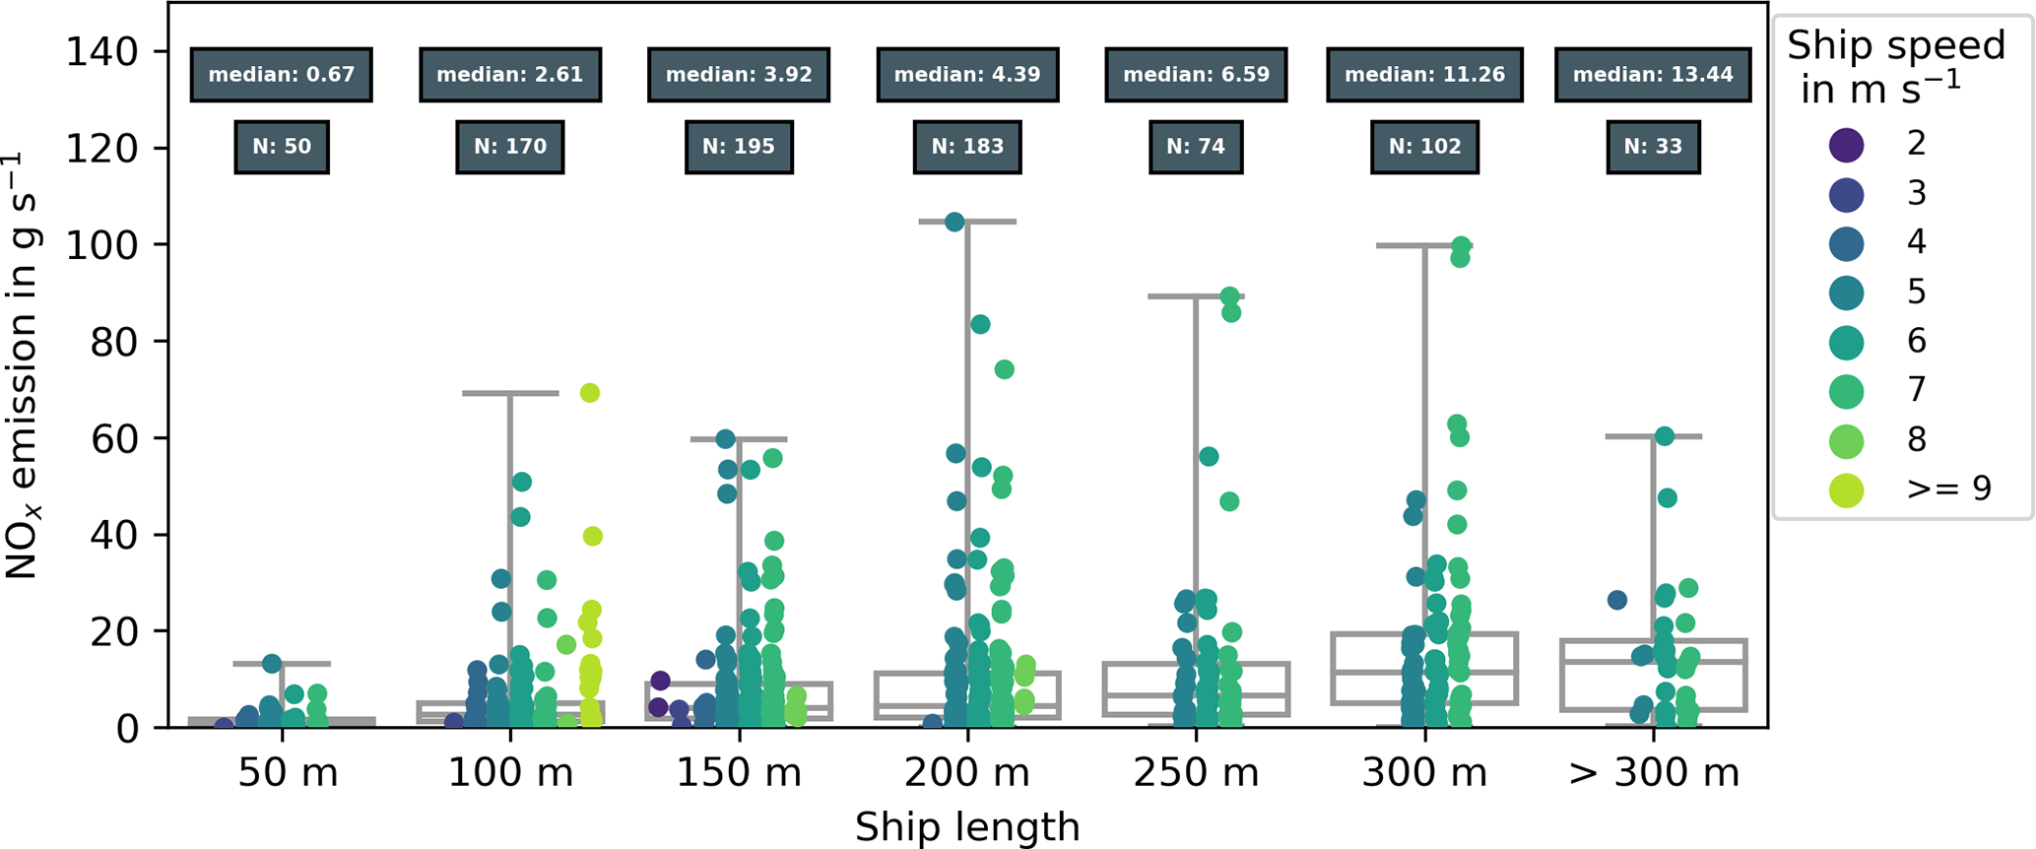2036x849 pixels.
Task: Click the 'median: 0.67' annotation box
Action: tap(281, 75)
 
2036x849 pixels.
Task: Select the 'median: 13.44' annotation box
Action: tap(1652, 75)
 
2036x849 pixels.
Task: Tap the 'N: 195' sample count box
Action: tap(738, 147)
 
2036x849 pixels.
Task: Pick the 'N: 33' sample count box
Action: tap(1652, 147)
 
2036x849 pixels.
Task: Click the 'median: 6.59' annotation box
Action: tap(1195, 75)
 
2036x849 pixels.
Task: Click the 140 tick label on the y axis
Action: tap(101, 51)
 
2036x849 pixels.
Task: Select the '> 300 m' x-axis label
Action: tap(1653, 773)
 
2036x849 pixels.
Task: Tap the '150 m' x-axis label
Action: tap(738, 773)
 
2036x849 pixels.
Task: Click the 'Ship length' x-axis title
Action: tap(966, 827)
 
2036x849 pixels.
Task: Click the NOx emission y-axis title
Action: tap(22, 364)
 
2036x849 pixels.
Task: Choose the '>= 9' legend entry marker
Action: tap(1846, 489)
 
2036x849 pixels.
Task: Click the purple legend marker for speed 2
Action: tap(1846, 144)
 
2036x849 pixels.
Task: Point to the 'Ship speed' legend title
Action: tap(1895, 66)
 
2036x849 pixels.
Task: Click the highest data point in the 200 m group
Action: tap(954, 222)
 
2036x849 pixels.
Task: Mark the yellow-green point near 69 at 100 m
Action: tap(589, 393)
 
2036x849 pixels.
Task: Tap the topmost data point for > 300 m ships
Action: tap(1664, 436)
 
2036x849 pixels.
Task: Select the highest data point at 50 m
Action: tap(272, 664)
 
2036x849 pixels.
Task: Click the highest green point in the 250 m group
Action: tap(1229, 296)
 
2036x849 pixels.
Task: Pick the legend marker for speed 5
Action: tap(1846, 292)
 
